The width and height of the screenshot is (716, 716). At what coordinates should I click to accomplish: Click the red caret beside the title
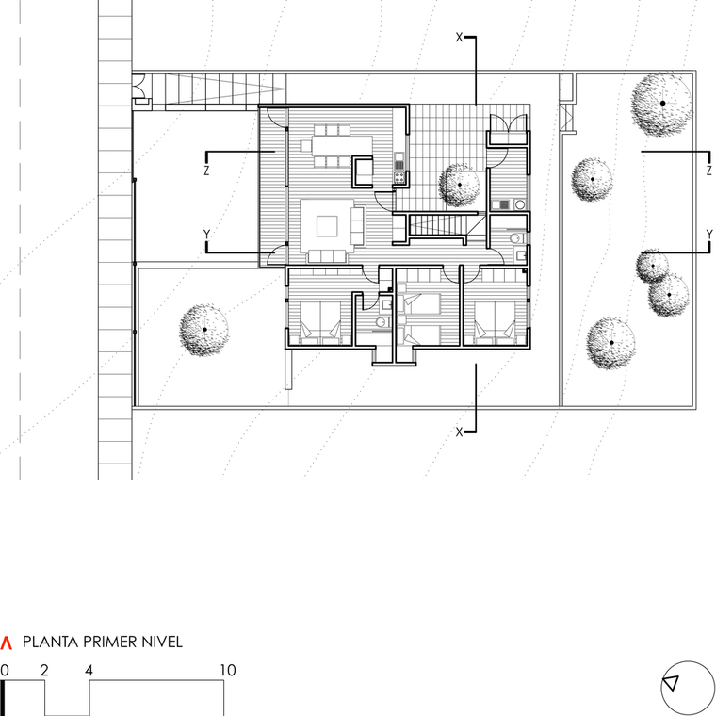tap(7, 643)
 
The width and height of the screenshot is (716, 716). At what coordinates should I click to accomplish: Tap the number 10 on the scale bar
tap(228, 671)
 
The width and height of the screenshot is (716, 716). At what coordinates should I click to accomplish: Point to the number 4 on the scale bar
tap(89, 671)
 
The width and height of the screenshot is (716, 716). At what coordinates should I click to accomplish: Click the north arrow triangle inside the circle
tap(671, 684)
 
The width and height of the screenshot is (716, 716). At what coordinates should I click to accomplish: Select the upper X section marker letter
tap(460, 38)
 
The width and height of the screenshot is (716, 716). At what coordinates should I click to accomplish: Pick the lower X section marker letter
tap(460, 431)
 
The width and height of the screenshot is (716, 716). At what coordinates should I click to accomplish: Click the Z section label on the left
tap(207, 171)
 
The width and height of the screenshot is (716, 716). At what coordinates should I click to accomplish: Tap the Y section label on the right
tap(709, 235)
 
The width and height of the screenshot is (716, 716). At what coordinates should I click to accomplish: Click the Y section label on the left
tap(207, 235)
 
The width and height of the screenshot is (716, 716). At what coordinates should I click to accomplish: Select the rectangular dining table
tap(342, 146)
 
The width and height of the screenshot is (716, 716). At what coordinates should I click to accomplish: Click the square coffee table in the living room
tap(327, 226)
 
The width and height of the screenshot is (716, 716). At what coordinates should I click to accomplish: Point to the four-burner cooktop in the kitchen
tap(399, 177)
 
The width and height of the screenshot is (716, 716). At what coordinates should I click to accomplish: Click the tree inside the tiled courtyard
tap(460, 185)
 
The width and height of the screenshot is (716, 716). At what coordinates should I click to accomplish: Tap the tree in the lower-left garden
tap(204, 330)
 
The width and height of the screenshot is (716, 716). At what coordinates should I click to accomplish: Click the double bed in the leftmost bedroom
tap(320, 321)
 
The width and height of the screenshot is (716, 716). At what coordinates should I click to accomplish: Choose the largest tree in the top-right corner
tap(662, 104)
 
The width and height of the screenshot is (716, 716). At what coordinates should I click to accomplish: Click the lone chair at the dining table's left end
tap(306, 146)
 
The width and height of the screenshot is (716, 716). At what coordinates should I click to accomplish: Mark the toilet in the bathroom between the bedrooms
tap(382, 322)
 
